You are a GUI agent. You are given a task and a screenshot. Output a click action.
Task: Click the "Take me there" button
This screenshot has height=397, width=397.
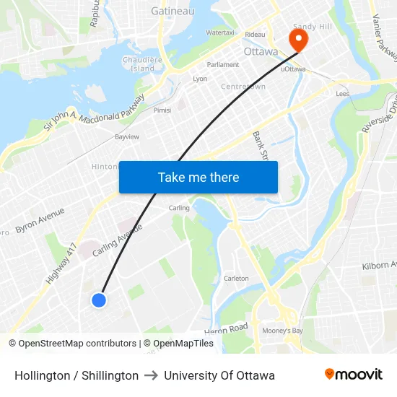(x=198, y=177)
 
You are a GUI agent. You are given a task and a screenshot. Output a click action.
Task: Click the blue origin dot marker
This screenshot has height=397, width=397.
(x=100, y=300)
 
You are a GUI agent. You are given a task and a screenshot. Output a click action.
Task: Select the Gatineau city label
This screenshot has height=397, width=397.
(x=173, y=11)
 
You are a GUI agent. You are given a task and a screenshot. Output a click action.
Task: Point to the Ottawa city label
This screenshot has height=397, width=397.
(x=261, y=52)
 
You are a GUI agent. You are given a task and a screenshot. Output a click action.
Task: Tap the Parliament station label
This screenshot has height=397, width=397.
(x=223, y=64)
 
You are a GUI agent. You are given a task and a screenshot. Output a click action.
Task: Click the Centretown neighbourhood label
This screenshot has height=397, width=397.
(x=243, y=87)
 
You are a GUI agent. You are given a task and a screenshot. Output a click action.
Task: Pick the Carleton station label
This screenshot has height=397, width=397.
(x=236, y=278)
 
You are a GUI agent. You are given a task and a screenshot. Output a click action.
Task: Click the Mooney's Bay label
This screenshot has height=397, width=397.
(x=282, y=331)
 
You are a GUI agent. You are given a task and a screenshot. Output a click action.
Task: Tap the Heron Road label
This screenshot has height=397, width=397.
(x=226, y=329)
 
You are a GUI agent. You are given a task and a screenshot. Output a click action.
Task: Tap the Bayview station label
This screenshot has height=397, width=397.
(x=127, y=136)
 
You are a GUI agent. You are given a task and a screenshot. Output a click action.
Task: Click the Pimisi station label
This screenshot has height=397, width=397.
(x=162, y=110)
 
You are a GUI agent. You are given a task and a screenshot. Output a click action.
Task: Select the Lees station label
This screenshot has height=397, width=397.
(x=343, y=94)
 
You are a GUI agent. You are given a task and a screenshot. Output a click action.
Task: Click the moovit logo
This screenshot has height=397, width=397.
(x=354, y=375)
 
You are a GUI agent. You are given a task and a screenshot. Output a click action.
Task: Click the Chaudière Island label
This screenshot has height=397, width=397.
(x=138, y=64)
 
